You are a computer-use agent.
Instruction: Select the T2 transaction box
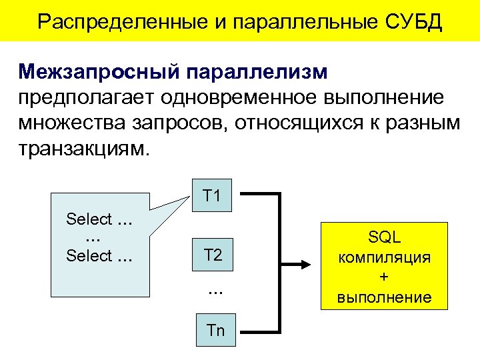tap(213, 254)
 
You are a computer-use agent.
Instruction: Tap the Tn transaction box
tap(216, 331)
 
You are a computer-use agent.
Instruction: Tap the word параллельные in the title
tap(297, 22)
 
